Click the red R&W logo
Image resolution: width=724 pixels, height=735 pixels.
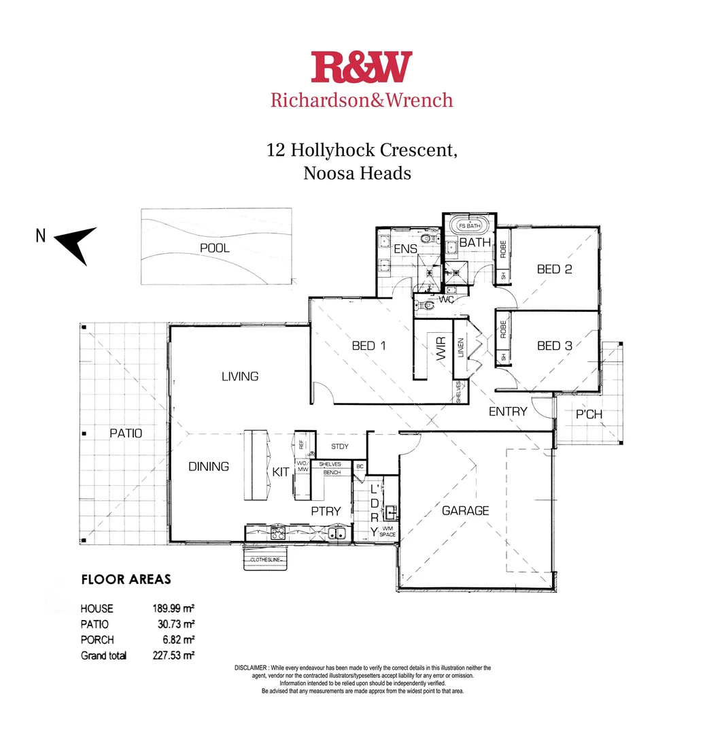362,67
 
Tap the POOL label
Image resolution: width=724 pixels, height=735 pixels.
214,248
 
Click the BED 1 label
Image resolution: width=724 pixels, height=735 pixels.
369,346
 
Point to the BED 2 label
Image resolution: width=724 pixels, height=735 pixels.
554,269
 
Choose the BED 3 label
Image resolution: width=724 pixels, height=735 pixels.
554,346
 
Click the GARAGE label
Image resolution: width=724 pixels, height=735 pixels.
466,510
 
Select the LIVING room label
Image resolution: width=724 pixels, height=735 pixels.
240,376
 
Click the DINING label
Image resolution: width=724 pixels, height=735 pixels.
209,467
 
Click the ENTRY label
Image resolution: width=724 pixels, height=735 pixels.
508,411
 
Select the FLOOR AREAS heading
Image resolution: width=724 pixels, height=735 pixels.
126,580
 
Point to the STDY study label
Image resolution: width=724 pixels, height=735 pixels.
339,446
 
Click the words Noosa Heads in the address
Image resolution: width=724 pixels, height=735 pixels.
357,173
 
